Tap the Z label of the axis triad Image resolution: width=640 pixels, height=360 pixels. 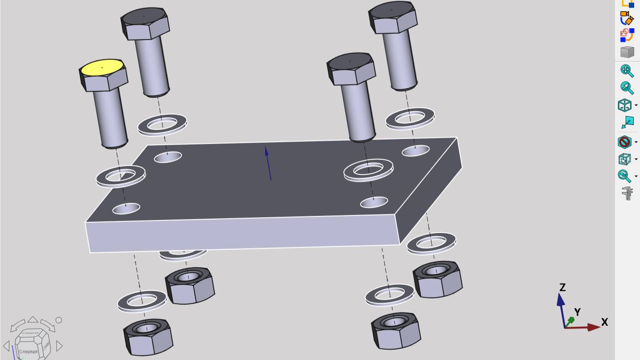562,287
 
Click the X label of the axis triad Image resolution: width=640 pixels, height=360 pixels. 604,322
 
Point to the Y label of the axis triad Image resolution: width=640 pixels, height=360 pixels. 577,312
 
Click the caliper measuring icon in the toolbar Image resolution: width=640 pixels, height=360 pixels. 626,193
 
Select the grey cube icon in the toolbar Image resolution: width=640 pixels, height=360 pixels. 626,52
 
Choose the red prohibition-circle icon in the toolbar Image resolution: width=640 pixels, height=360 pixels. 625,142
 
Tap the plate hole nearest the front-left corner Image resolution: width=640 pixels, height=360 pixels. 126,208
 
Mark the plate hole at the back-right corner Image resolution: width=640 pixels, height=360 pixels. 415,151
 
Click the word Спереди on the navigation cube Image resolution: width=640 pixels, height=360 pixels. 28,351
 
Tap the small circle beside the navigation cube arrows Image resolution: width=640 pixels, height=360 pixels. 59,320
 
